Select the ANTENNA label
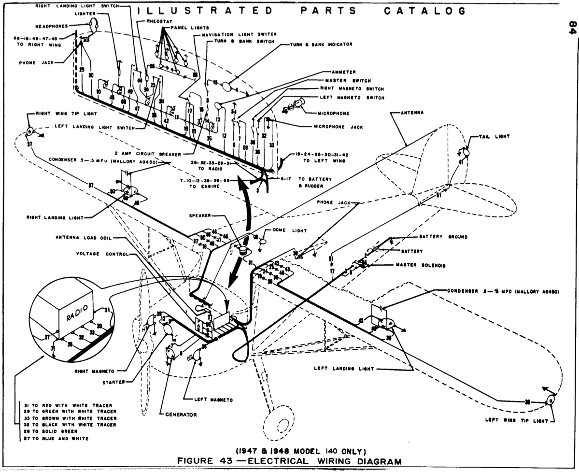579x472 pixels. click(x=412, y=113)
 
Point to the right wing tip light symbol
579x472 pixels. click(x=29, y=131)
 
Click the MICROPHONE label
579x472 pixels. click(x=333, y=113)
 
